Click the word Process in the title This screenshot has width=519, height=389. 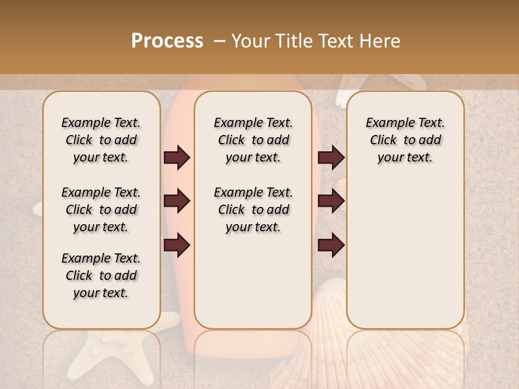[167, 41]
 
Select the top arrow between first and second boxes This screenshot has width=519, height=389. [177, 158]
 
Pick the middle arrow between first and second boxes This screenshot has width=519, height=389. [177, 201]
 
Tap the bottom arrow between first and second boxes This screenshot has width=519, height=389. [177, 246]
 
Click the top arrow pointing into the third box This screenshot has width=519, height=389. [331, 158]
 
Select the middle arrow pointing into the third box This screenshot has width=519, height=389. [331, 201]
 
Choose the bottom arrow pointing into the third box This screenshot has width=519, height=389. [331, 246]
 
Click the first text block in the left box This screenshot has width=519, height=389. [101, 140]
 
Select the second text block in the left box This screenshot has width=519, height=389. [101, 210]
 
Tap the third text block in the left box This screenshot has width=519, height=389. [101, 276]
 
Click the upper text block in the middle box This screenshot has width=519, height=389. [253, 140]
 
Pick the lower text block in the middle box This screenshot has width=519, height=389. [253, 210]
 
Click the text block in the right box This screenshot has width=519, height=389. [405, 140]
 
